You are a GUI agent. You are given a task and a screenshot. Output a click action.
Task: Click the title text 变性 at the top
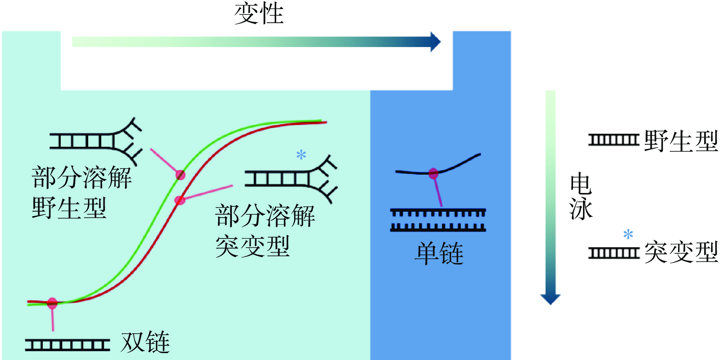(259, 14)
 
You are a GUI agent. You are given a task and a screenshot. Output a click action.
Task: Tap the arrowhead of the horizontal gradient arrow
(435, 42)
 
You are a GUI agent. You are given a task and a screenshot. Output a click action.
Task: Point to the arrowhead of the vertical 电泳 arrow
(550, 299)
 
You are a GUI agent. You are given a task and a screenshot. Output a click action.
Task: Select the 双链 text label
(145, 342)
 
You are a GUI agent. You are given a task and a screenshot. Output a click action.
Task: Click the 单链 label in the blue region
(439, 253)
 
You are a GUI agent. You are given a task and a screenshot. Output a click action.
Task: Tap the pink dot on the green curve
(180, 175)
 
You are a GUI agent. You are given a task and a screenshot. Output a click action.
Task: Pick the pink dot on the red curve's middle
(180, 200)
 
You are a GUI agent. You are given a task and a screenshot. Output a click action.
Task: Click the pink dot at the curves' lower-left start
(52, 303)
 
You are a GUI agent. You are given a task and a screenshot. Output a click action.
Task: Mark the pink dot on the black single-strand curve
(433, 174)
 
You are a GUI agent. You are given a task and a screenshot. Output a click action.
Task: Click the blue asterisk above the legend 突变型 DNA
(628, 234)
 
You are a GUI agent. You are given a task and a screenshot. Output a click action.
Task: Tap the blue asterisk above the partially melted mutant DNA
(301, 155)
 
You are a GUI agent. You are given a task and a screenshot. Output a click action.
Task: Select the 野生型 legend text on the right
(681, 141)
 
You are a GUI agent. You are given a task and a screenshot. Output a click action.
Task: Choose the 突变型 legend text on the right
(681, 252)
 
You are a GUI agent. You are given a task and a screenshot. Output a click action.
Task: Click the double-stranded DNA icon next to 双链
(68, 345)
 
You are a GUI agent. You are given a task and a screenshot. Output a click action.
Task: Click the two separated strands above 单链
(438, 220)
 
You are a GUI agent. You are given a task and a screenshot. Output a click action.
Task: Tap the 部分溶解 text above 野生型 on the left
(81, 178)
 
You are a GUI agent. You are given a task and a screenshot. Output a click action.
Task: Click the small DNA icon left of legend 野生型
(614, 140)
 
